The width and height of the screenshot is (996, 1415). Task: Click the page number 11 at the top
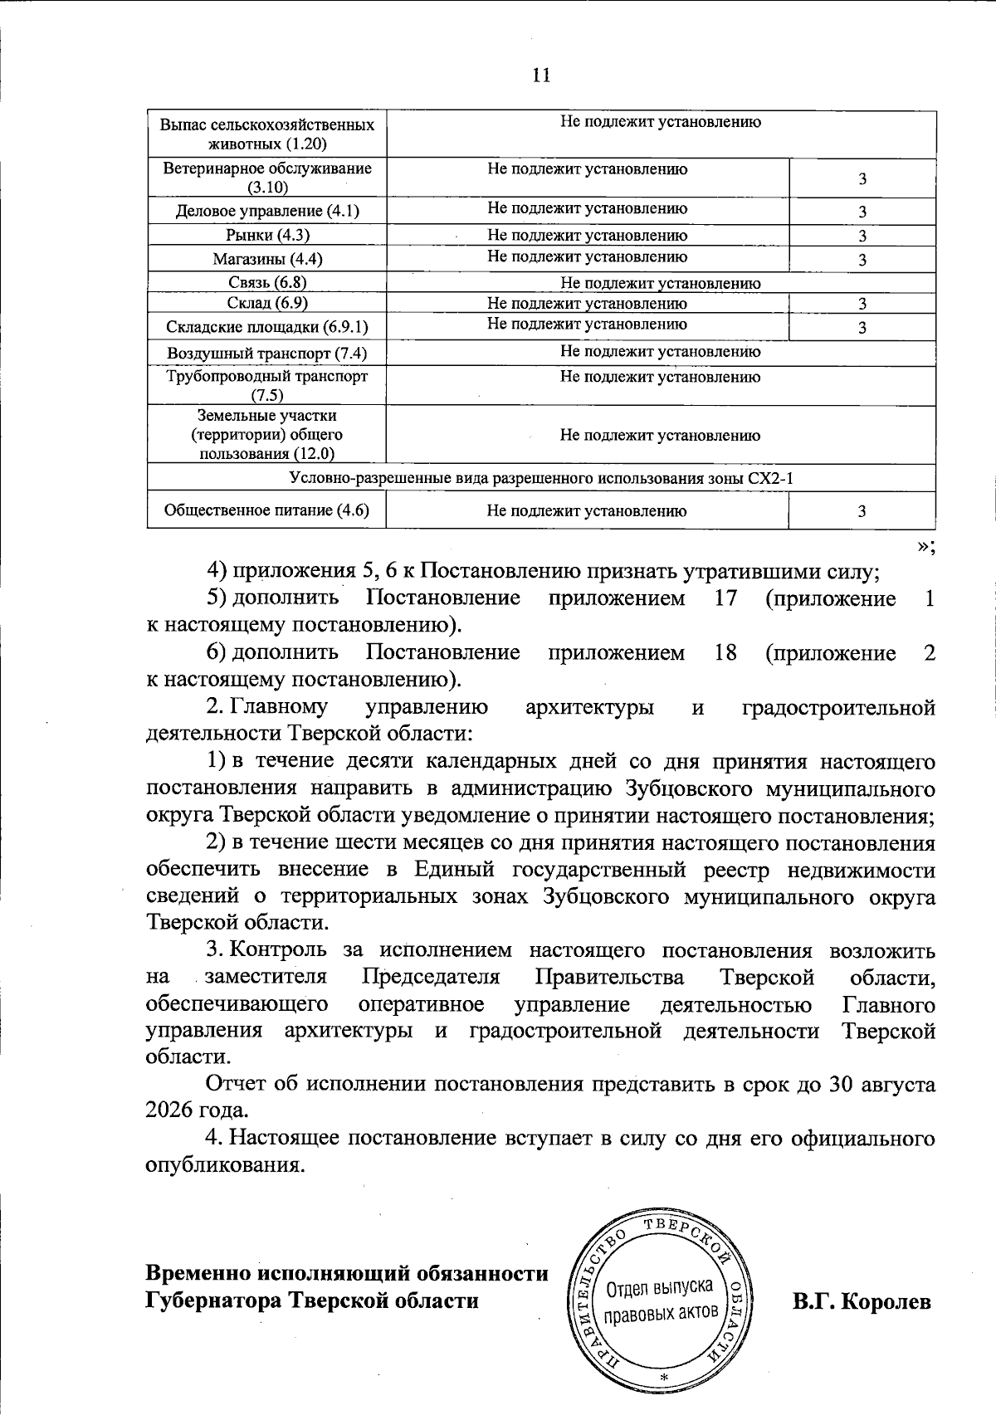(x=540, y=76)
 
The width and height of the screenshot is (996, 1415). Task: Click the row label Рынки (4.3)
(x=267, y=236)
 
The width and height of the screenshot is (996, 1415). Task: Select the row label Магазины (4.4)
(x=267, y=259)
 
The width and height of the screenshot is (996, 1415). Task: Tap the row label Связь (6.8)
(x=267, y=282)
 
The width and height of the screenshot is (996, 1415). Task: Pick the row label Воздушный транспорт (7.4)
(x=267, y=354)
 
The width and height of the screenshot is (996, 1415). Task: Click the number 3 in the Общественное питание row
(x=862, y=511)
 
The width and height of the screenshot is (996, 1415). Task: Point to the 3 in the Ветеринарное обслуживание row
(x=862, y=179)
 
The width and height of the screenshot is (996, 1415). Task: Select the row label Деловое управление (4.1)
(x=267, y=211)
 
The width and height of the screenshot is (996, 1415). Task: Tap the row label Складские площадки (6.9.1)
(x=267, y=327)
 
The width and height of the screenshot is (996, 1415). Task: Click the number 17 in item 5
(x=725, y=598)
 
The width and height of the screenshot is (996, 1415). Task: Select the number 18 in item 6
(x=725, y=653)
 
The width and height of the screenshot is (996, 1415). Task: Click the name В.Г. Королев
(x=862, y=1301)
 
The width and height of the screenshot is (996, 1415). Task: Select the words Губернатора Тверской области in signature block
(x=312, y=1300)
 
